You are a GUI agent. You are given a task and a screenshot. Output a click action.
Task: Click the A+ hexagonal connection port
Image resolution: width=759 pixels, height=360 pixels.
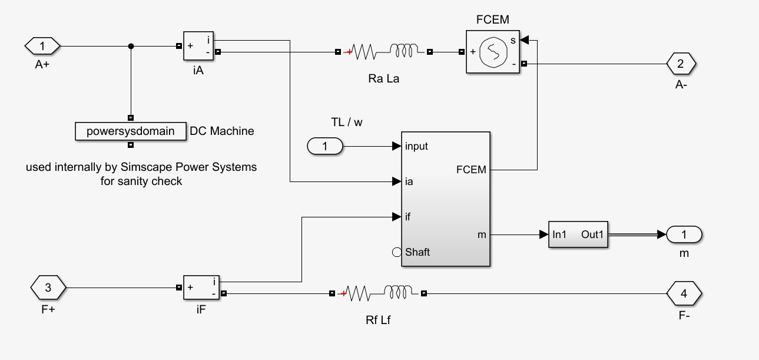click(42, 45)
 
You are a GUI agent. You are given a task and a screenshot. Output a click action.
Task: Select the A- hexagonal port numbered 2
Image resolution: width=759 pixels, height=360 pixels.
click(681, 63)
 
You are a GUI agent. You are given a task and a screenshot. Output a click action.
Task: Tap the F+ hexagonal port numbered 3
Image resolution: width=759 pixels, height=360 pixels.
click(48, 288)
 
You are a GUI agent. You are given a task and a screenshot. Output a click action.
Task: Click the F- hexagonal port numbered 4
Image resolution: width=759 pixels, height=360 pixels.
click(684, 292)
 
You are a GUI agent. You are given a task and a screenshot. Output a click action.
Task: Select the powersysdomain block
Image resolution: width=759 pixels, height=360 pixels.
click(131, 131)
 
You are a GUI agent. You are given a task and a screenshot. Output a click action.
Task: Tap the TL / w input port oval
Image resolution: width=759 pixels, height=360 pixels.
click(325, 146)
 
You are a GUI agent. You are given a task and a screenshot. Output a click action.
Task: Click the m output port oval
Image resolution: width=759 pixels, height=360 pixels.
click(684, 235)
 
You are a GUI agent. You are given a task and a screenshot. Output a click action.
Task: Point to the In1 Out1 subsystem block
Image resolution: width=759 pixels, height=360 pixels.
click(578, 235)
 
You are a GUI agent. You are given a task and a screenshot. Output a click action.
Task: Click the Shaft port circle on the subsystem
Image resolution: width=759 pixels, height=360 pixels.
click(396, 252)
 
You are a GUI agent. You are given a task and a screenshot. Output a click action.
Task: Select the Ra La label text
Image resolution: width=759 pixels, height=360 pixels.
click(383, 78)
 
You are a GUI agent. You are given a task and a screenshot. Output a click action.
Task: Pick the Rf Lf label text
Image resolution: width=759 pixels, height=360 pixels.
click(379, 321)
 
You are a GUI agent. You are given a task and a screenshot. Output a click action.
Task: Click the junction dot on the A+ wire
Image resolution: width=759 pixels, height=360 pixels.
click(131, 46)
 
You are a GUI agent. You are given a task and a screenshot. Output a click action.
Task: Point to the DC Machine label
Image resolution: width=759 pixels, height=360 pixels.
click(222, 131)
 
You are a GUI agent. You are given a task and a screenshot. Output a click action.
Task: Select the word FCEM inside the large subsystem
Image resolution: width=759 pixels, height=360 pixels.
click(471, 170)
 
